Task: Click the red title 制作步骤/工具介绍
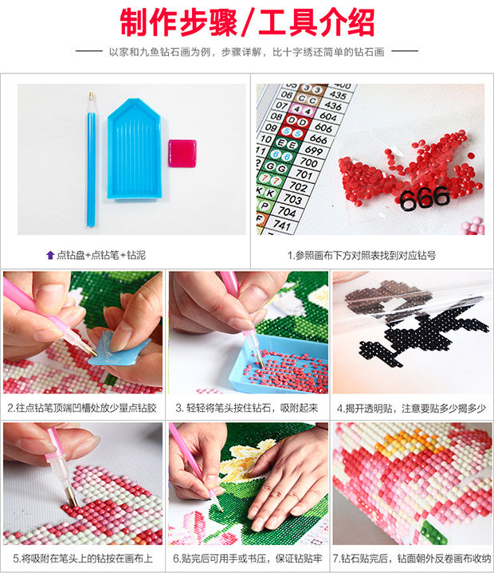point(247,23)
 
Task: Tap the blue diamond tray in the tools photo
point(135,149)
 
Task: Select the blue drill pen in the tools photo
point(91,159)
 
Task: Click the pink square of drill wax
point(182,153)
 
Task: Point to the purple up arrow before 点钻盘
point(50,255)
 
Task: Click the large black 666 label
point(425,198)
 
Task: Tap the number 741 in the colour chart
point(282,224)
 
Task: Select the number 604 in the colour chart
point(328,116)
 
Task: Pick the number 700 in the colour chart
point(308,162)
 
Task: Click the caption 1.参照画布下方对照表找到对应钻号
point(362,255)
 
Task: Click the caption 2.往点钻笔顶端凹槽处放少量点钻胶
point(82,408)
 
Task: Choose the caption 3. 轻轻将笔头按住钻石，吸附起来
point(247,408)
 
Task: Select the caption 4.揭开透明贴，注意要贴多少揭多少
point(411,409)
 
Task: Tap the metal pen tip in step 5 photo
point(72,496)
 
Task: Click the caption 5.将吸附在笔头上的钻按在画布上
point(83,558)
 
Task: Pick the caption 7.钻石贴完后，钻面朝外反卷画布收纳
point(412,558)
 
